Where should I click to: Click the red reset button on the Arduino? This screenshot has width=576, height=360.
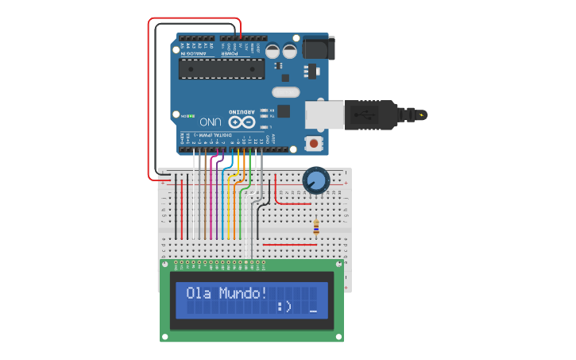point(315,144)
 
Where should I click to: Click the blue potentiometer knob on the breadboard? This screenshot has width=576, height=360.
point(315,180)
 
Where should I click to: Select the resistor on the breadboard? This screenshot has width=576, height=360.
point(317,227)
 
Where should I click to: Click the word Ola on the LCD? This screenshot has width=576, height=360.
point(199,292)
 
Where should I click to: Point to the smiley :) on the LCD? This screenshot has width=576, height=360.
point(285,306)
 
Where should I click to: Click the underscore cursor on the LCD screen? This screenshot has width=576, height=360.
point(314,311)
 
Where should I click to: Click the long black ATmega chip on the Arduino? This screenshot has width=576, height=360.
point(222,69)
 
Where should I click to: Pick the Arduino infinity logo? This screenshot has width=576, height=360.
point(242,122)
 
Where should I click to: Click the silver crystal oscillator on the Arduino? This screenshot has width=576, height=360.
point(285,92)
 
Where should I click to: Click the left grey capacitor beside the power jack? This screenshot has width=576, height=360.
point(273,51)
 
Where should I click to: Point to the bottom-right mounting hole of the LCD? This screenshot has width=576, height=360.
point(338,335)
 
